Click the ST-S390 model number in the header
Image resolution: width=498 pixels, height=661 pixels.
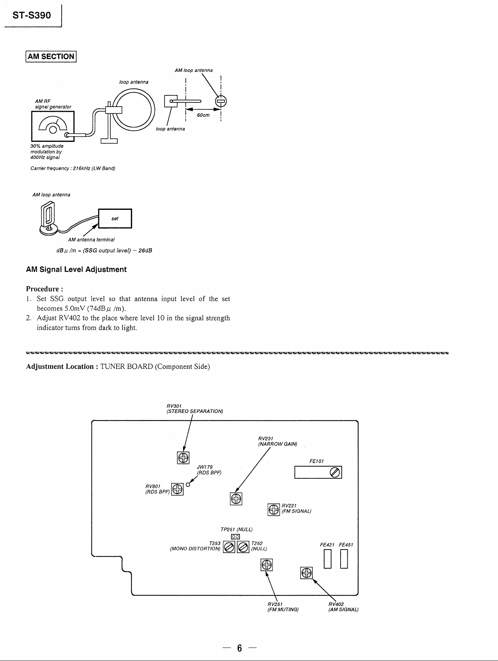pyautogui.click(x=31, y=16)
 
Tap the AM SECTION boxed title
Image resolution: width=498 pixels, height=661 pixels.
pyautogui.click(x=51, y=56)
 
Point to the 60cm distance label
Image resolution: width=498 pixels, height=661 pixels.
pyautogui.click(x=203, y=115)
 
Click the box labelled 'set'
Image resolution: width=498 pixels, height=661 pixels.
pyautogui.click(x=115, y=218)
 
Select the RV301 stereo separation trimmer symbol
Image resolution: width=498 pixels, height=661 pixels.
pyautogui.click(x=183, y=458)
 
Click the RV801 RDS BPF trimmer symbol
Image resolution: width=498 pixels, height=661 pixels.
pyautogui.click(x=177, y=489)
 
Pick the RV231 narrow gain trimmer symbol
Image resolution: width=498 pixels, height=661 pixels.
pyautogui.click(x=236, y=498)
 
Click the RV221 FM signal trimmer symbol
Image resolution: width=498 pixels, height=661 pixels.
pyautogui.click(x=274, y=509)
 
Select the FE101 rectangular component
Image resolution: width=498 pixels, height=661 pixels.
pyautogui.click(x=318, y=472)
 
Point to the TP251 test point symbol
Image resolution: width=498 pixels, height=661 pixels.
pyautogui.click(x=235, y=536)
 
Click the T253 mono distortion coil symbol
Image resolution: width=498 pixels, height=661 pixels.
pyautogui.click(x=229, y=547)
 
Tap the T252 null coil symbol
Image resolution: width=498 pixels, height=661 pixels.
pyautogui.click(x=243, y=547)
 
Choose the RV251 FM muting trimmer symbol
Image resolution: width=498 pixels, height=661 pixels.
pyautogui.click(x=267, y=565)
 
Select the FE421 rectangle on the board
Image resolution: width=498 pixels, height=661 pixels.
pyautogui.click(x=328, y=560)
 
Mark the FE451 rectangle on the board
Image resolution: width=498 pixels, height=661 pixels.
pyautogui.click(x=344, y=560)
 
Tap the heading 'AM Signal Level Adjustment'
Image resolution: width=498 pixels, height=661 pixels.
pyautogui.click(x=76, y=269)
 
